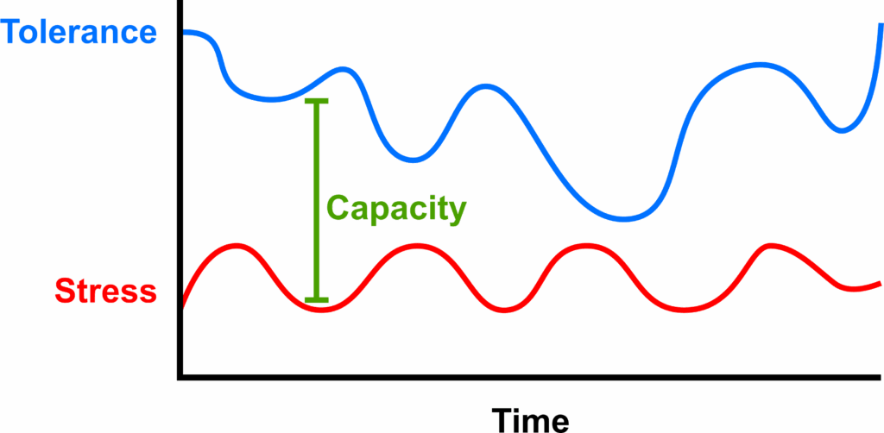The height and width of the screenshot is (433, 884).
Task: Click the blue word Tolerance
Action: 79,33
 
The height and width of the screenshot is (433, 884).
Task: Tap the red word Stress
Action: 105,291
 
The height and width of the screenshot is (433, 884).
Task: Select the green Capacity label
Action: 396,209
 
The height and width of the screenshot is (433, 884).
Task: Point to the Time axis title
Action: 530,420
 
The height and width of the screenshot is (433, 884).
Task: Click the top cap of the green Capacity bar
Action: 317,102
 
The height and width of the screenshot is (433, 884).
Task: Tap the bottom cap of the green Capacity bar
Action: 317,299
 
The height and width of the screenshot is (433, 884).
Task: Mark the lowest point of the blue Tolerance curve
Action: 624,217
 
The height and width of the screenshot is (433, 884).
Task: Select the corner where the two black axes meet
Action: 180,376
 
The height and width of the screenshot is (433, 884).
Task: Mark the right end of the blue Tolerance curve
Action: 880,26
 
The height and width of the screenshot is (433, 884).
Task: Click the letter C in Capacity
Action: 337,209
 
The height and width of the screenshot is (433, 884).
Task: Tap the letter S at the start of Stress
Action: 64,291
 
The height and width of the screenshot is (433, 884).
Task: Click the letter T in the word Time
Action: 502,420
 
